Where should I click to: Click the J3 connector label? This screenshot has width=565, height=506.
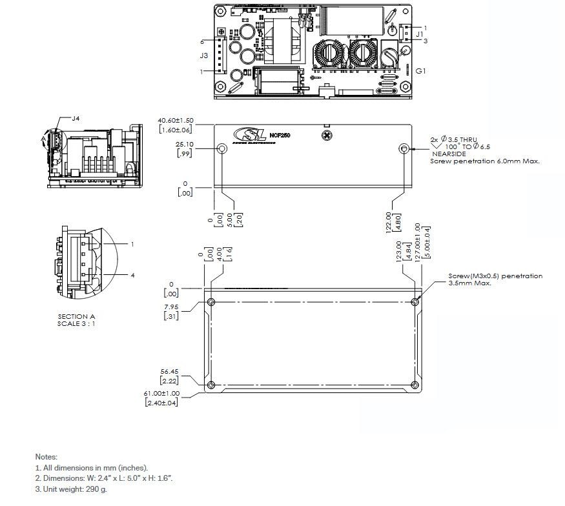click(x=203, y=56)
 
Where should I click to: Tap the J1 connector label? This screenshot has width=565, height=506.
click(x=419, y=33)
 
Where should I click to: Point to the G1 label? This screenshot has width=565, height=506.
click(x=420, y=70)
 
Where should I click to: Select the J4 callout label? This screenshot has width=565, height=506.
click(x=76, y=118)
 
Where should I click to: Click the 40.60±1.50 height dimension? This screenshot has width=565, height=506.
click(x=176, y=121)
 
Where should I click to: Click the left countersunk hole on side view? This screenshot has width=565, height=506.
click(x=221, y=148)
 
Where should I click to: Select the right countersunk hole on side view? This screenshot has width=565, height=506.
click(x=404, y=148)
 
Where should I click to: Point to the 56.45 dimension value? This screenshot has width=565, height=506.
click(x=170, y=372)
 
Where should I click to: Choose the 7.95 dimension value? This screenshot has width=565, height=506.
click(x=171, y=307)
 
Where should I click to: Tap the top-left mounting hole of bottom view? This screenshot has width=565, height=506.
click(x=211, y=301)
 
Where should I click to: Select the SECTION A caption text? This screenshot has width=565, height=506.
click(x=76, y=316)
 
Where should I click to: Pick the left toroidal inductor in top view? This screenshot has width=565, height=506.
click(x=329, y=55)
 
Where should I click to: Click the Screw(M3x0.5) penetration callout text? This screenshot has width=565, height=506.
click(x=495, y=276)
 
